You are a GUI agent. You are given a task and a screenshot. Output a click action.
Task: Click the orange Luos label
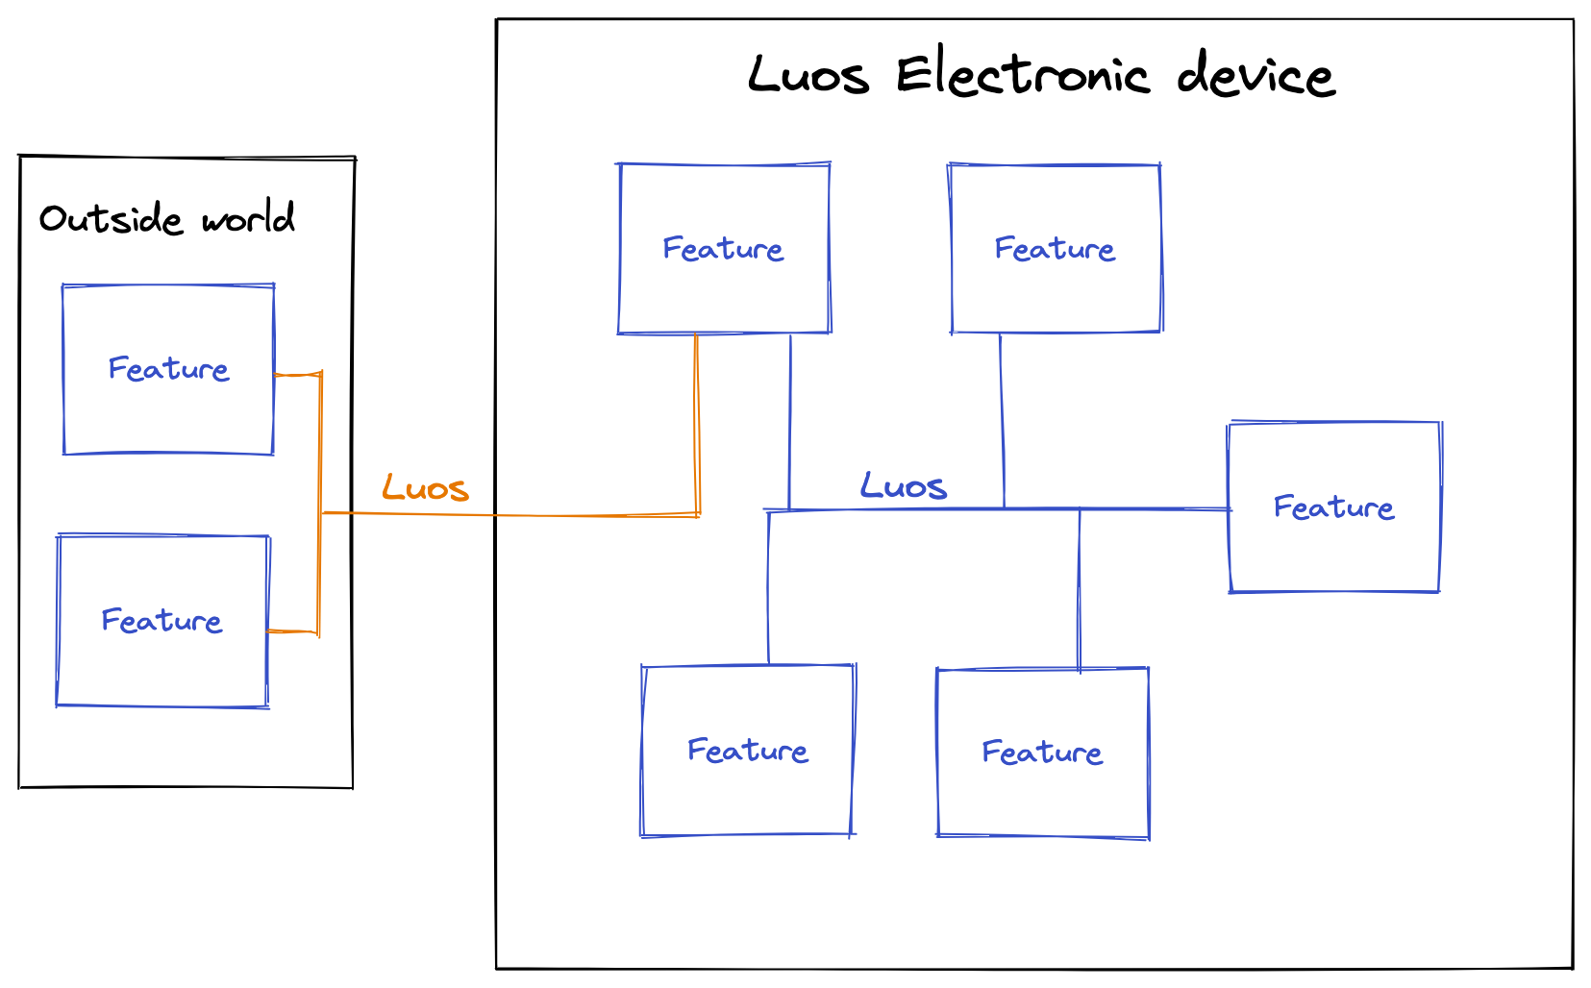tap(425, 488)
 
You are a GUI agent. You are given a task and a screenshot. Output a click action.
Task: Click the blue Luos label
tap(903, 486)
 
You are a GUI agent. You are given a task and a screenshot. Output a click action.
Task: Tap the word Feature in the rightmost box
tap(1333, 507)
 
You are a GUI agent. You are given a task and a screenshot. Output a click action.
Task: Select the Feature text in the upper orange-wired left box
tap(168, 369)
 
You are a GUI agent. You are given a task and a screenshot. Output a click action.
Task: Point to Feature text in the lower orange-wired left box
tap(162, 621)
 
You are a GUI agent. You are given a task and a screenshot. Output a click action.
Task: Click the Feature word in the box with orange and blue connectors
tap(723, 249)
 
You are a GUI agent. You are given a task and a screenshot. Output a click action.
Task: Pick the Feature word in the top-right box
tap(1055, 249)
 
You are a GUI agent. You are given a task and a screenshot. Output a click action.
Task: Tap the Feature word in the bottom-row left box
tap(748, 751)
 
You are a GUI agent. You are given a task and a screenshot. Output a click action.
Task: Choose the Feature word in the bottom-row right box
tap(1042, 753)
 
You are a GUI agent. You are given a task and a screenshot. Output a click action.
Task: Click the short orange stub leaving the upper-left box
tap(297, 375)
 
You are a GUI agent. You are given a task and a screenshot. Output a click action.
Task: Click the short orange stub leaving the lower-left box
tap(293, 631)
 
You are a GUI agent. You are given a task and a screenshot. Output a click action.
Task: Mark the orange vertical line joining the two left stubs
tap(319, 452)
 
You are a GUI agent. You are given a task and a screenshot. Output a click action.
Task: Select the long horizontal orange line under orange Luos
tap(510, 515)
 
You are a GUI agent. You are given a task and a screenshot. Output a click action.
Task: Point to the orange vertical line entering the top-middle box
tap(697, 423)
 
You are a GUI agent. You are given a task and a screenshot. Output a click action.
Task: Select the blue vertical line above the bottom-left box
tap(768, 586)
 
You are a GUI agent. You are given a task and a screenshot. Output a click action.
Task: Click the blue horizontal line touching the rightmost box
tap(1154, 508)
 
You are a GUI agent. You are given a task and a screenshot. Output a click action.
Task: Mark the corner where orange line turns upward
tap(698, 515)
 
